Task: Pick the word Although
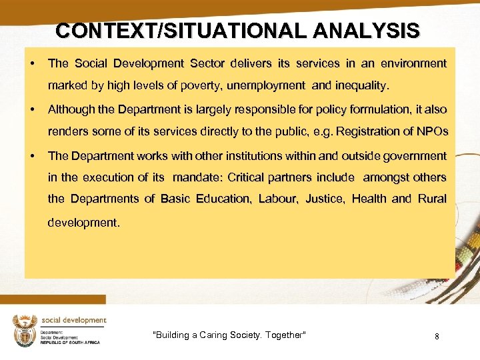click(73, 109)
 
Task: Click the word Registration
click(368, 132)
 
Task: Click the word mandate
click(197, 177)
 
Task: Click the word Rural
click(432, 199)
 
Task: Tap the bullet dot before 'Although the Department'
click(32, 109)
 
